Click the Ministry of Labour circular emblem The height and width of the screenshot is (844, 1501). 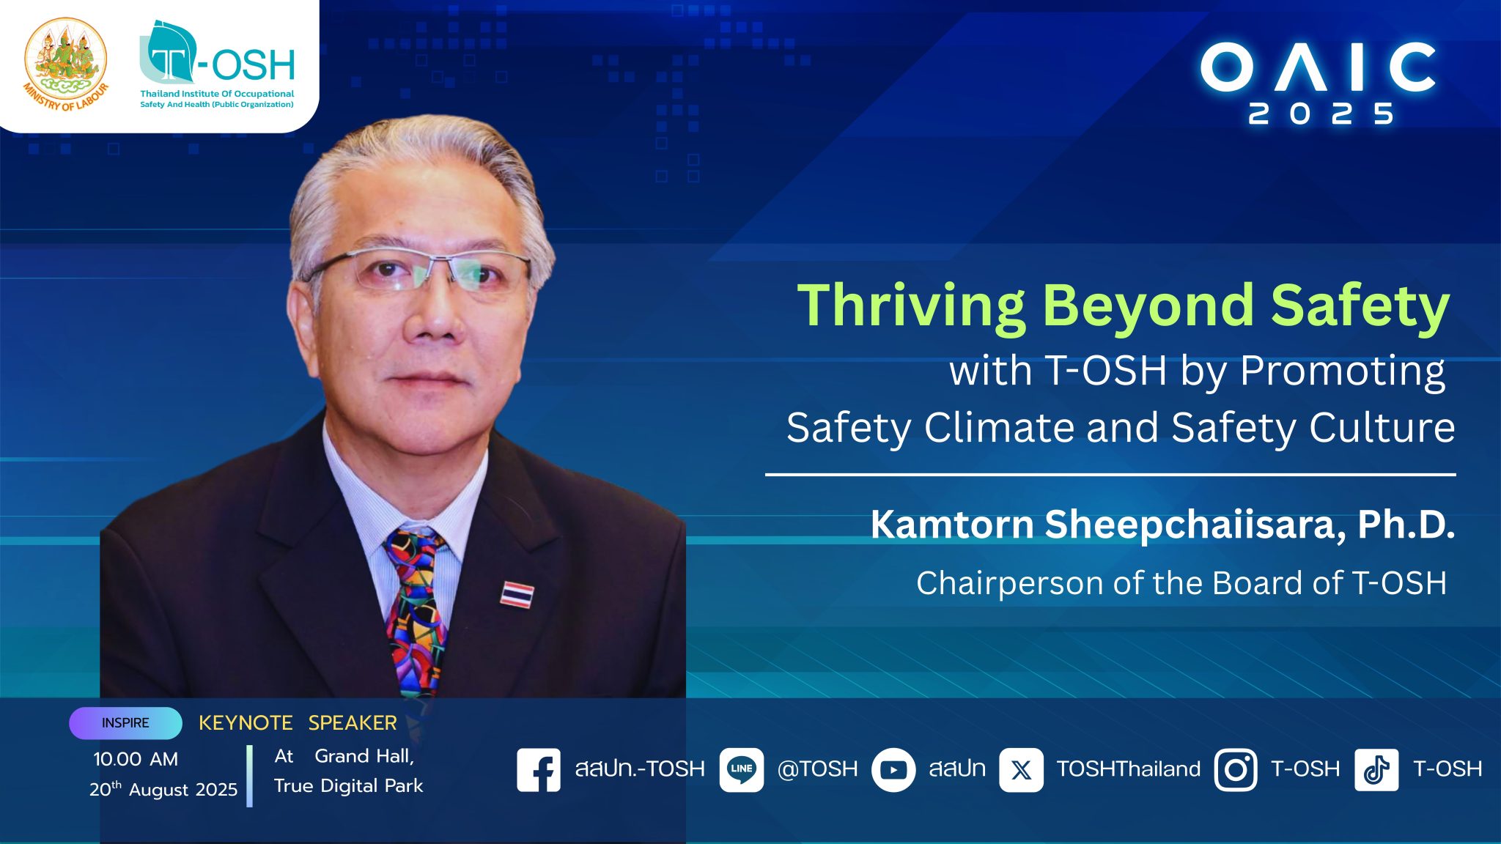click(x=66, y=64)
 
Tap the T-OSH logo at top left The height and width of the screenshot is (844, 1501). click(x=217, y=64)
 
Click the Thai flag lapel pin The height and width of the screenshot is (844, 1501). click(x=517, y=594)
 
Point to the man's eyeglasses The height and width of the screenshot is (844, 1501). click(x=418, y=270)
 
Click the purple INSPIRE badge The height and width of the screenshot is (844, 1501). click(x=125, y=723)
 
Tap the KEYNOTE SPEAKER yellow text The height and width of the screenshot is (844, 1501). click(x=298, y=723)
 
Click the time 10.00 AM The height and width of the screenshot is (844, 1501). click(x=136, y=759)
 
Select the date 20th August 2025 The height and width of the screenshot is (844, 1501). click(x=163, y=789)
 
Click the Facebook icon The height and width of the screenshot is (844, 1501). click(x=539, y=769)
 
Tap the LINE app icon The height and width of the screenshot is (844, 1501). click(x=742, y=769)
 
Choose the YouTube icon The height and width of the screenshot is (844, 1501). click(x=893, y=769)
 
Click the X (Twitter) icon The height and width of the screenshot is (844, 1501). click(x=1022, y=769)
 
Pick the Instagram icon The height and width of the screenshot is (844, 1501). click(x=1236, y=769)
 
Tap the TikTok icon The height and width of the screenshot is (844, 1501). click(x=1376, y=769)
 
